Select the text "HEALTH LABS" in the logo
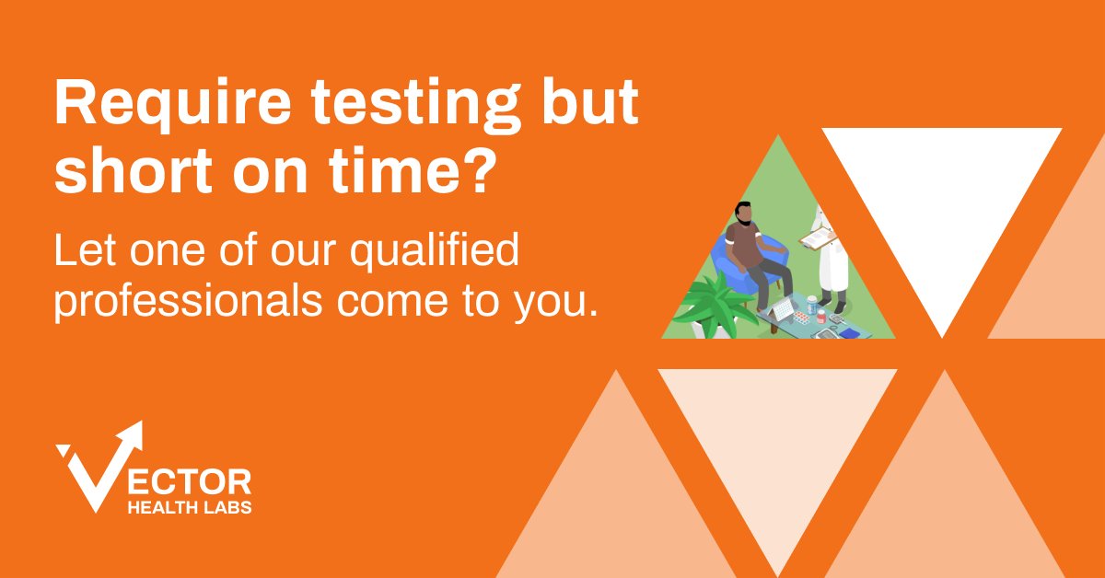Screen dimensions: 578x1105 click(x=189, y=507)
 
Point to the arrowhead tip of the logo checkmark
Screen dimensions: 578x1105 click(x=137, y=429)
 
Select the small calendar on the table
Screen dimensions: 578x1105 click(x=782, y=309)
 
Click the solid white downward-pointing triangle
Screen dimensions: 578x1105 click(x=941, y=202)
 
